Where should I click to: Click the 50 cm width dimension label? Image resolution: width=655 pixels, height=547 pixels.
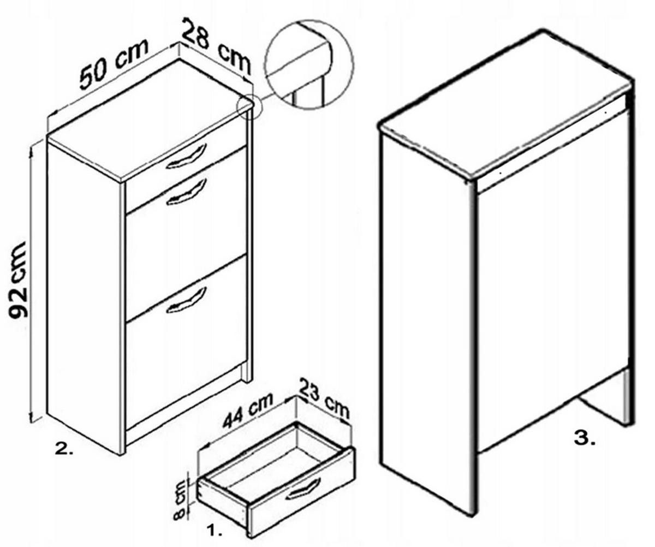pyautogui.click(x=113, y=64)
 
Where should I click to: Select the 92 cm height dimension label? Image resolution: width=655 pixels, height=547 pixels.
pyautogui.click(x=19, y=280)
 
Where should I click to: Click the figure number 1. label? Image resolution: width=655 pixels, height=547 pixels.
pyautogui.click(x=215, y=531)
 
